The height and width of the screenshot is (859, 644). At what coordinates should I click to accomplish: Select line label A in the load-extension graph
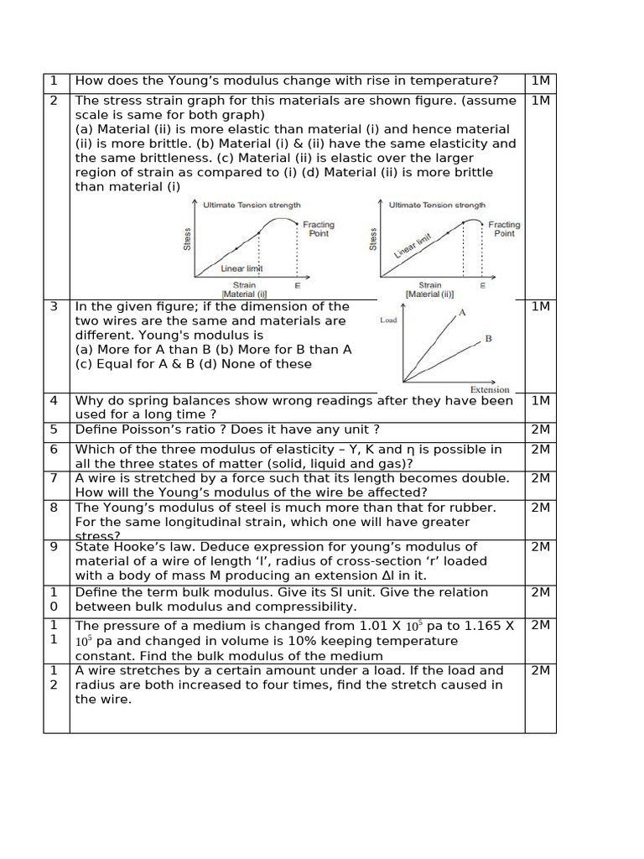461,312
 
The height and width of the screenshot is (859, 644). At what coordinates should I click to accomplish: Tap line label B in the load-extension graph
488,339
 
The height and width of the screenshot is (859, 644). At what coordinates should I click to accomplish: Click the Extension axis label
489,389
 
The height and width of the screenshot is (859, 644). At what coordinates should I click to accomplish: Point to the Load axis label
389,320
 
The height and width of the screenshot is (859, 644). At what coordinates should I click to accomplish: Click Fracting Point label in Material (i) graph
318,229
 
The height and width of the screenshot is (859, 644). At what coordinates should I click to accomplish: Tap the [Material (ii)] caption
429,294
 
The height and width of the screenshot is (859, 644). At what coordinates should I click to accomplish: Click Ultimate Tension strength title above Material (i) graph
252,205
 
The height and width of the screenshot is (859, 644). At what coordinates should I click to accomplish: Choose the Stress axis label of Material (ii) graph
373,239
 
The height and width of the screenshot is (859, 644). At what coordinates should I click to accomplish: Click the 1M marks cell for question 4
540,401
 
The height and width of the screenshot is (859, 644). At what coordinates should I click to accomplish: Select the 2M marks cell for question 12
540,670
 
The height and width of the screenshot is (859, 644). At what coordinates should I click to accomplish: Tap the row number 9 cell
54,546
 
